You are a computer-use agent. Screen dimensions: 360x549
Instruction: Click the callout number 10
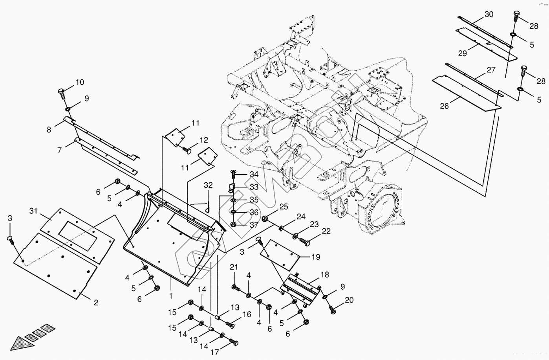pos(80,82)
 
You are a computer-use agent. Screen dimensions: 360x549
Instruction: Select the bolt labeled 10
pos(62,93)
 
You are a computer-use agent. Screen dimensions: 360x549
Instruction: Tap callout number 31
pos(33,211)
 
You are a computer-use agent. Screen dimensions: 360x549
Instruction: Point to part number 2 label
pos(96,302)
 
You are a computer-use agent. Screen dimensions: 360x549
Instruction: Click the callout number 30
pos(489,14)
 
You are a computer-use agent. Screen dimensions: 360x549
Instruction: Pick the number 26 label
pos(444,106)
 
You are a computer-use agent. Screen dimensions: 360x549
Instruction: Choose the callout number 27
pos(491,70)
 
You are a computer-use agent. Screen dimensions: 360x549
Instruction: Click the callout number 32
pos(208,185)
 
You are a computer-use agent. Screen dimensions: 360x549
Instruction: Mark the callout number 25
pos(284,207)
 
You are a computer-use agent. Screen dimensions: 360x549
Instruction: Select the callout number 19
pos(316,257)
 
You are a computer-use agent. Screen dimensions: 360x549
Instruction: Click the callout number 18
pos(324,274)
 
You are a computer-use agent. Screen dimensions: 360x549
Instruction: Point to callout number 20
pos(349,300)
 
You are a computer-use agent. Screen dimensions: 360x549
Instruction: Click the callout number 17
pos(214,352)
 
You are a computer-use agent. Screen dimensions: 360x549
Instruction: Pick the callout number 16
pos(247,314)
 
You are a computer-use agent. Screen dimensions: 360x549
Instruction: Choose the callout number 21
pos(234,267)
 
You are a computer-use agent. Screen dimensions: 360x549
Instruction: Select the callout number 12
pos(203,140)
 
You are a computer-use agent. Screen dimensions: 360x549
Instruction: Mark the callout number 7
pos(59,150)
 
